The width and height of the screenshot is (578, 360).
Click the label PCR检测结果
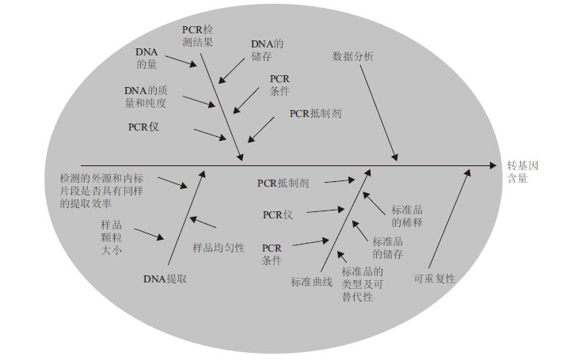196,35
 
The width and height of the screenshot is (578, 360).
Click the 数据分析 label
353,56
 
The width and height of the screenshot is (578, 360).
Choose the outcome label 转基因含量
523,172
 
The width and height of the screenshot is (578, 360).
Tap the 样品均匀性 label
218,247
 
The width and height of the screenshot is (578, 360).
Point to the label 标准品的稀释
407,216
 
